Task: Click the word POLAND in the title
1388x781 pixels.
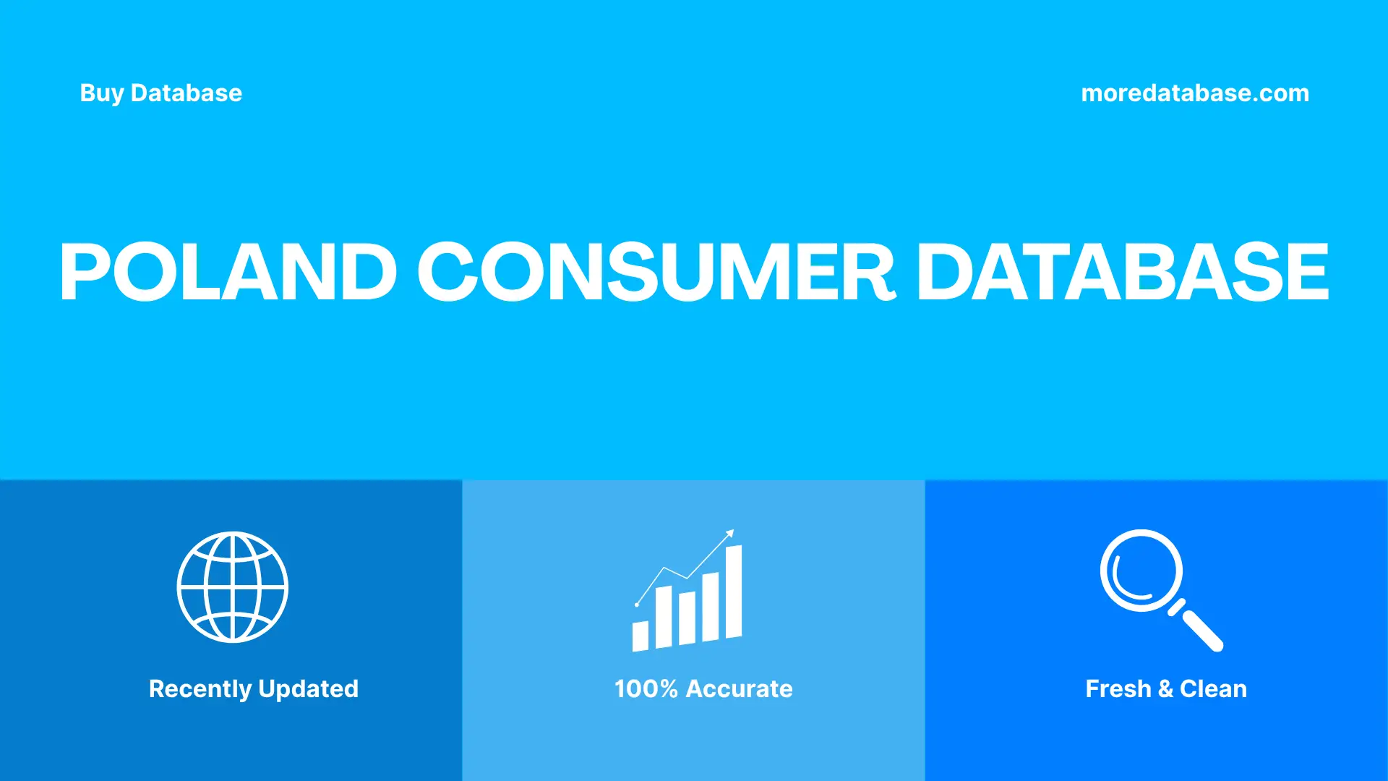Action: pos(228,272)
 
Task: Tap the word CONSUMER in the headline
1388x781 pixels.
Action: pos(656,272)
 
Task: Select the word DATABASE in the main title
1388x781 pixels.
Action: pos(1122,272)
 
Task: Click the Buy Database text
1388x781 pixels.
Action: pos(160,93)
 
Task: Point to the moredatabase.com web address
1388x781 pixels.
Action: pos(1194,93)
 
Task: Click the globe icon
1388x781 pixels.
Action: pos(232,587)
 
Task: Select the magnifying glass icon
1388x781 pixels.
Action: pos(1157,587)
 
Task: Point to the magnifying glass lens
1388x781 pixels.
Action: pos(1141,570)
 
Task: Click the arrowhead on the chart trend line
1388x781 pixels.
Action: pos(730,534)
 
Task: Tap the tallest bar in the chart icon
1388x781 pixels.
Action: pos(734,592)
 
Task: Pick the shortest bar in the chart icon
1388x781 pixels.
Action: pos(640,636)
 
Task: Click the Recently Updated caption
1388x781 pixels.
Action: pos(253,689)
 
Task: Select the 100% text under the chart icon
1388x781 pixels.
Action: pos(646,689)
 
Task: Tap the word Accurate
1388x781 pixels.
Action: pos(739,689)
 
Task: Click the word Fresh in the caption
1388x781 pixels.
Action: pos(1118,689)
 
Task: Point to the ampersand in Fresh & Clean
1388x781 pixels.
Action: pos(1165,689)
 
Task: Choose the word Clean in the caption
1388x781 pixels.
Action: pos(1213,689)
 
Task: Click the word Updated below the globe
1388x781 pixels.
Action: pos(308,689)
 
